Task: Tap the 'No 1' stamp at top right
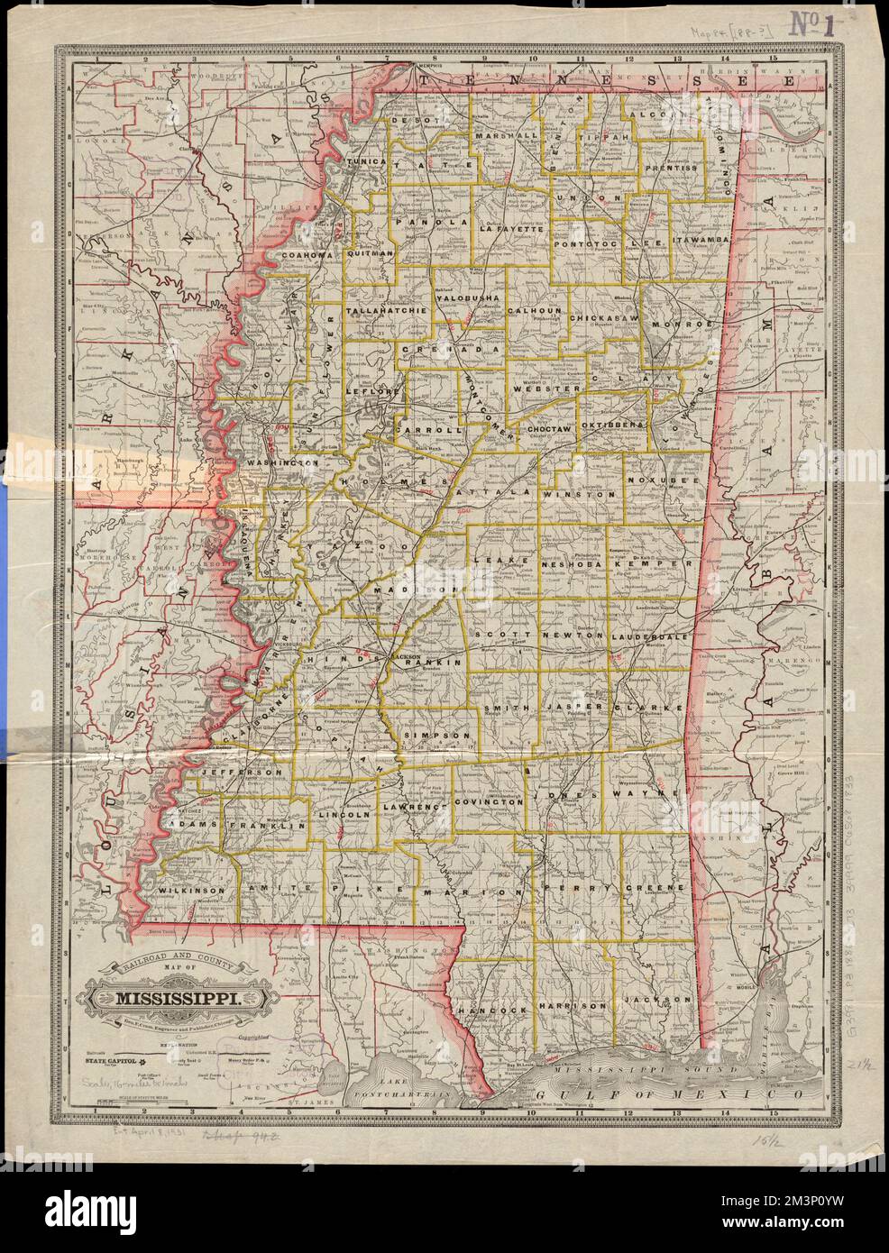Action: tap(820, 23)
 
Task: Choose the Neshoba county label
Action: tap(573, 563)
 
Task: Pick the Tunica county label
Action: tap(369, 161)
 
